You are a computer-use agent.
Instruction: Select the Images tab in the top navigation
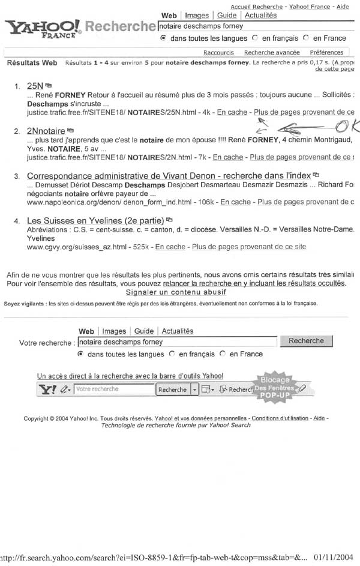point(197,15)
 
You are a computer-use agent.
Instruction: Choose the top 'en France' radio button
point(306,38)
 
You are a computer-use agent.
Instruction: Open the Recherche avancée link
point(272,52)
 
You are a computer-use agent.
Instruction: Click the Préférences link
point(326,52)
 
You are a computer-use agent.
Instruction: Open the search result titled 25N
point(34,86)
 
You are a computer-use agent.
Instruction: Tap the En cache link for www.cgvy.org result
point(170,247)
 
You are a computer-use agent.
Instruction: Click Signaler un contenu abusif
point(176,292)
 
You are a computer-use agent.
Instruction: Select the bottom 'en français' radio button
point(172,354)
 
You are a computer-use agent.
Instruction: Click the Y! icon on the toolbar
point(47,390)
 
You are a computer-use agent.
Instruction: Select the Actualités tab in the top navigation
point(261,15)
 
